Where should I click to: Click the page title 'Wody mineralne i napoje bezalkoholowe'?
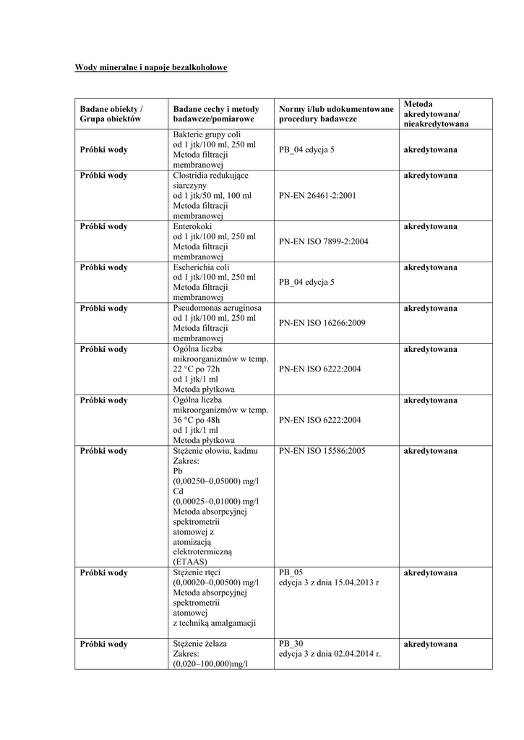152,68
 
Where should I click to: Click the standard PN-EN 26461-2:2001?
316,195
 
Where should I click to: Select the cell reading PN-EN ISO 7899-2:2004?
323,241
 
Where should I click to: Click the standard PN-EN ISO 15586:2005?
322,451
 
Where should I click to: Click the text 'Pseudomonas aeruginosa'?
218,308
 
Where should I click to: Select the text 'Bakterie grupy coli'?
207,134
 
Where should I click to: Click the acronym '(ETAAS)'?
190,561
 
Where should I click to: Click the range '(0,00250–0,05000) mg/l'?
216,481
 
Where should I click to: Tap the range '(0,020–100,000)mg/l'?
210,663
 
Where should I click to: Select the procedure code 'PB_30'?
291,643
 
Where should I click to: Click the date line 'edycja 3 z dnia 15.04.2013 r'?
329,582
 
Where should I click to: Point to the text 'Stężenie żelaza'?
205,643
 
